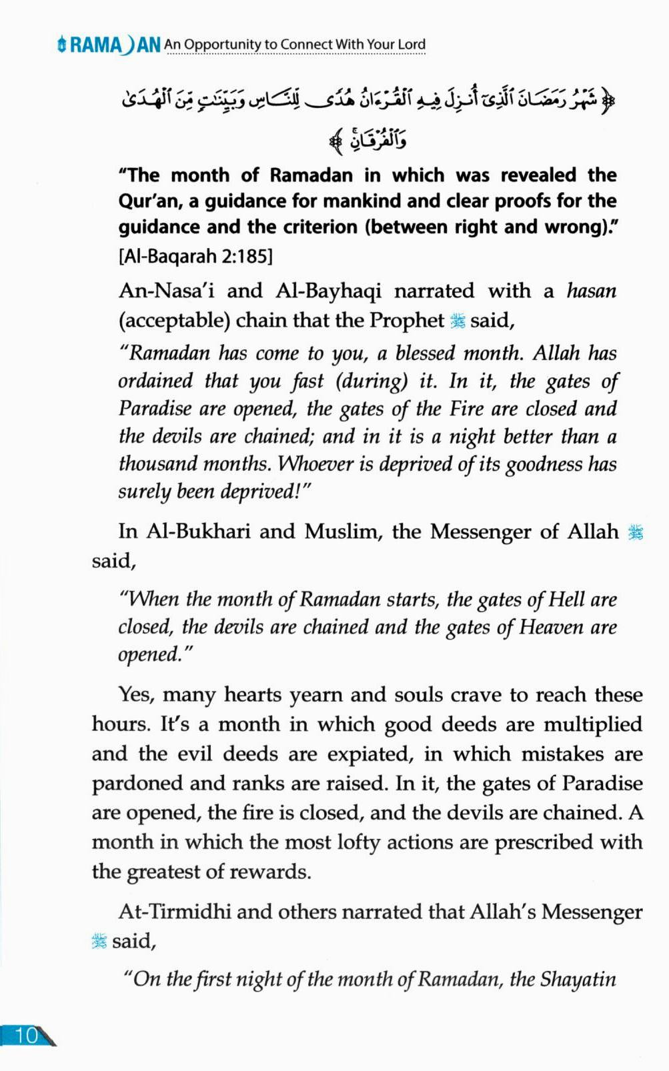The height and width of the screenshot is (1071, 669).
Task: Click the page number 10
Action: pos(27,1035)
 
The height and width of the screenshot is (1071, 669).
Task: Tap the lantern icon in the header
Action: pos(61,45)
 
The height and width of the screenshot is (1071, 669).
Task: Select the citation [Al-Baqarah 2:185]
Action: pos(195,256)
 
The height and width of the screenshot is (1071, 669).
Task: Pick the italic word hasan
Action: pos(591,291)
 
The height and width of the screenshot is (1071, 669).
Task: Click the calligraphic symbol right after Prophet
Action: pos(458,321)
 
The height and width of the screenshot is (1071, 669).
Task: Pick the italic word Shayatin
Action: pos(578,980)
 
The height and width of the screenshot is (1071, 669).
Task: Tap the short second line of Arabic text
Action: pos(368,141)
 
